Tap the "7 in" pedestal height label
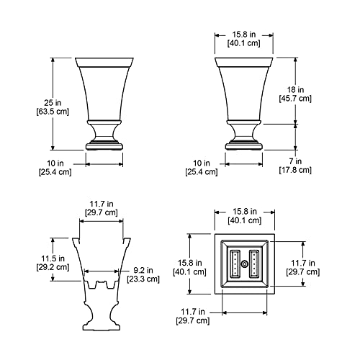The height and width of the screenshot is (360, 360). (295, 161)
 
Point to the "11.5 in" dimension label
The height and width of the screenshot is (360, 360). (52, 257)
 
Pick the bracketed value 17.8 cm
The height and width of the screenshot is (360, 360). (295, 171)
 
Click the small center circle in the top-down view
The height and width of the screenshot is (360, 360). (243, 265)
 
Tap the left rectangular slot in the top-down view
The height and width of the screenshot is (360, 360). (234, 265)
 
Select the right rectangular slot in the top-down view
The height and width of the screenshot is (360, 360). (253, 265)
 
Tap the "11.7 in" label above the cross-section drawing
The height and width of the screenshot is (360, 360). (100, 203)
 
